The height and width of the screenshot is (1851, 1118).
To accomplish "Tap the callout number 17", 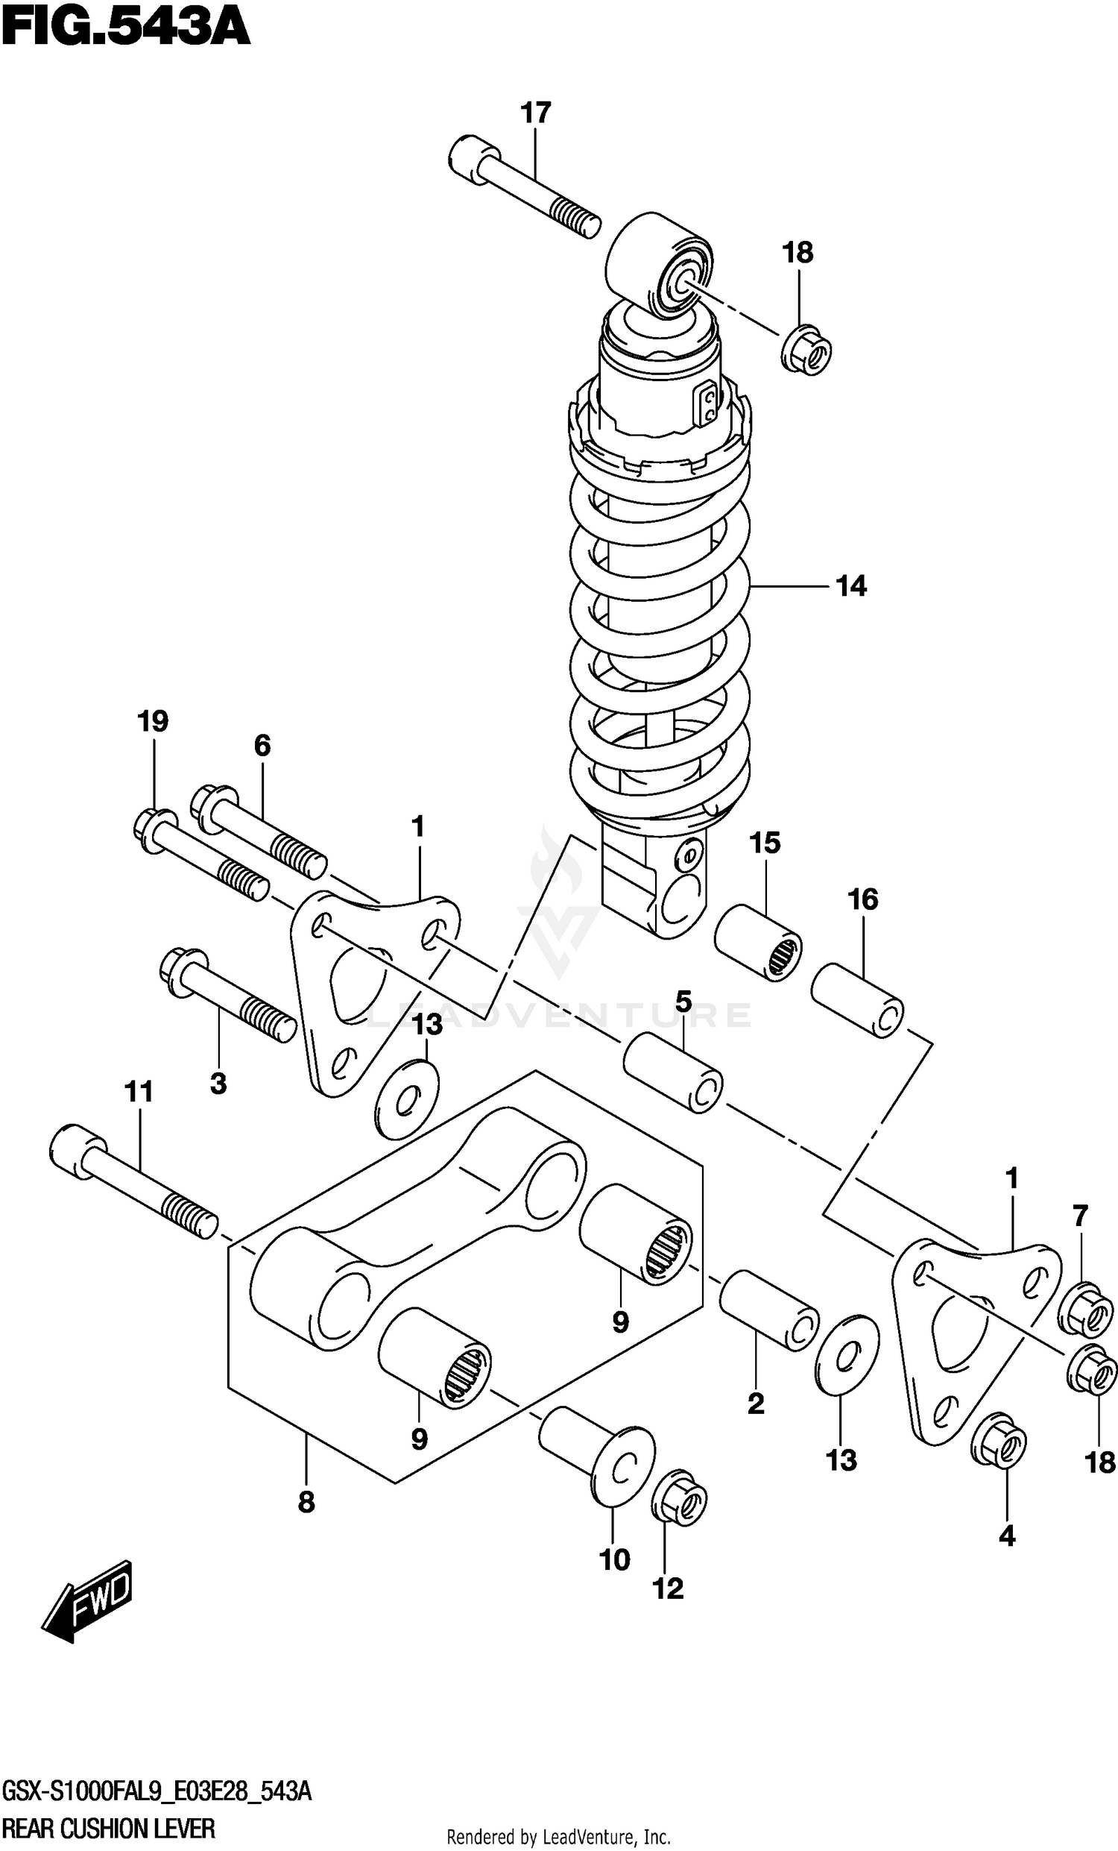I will [535, 113].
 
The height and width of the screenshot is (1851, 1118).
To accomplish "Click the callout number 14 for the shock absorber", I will [851, 586].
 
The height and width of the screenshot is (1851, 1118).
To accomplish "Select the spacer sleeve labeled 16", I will [857, 1001].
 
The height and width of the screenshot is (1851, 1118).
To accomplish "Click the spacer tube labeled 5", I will [673, 1072].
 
